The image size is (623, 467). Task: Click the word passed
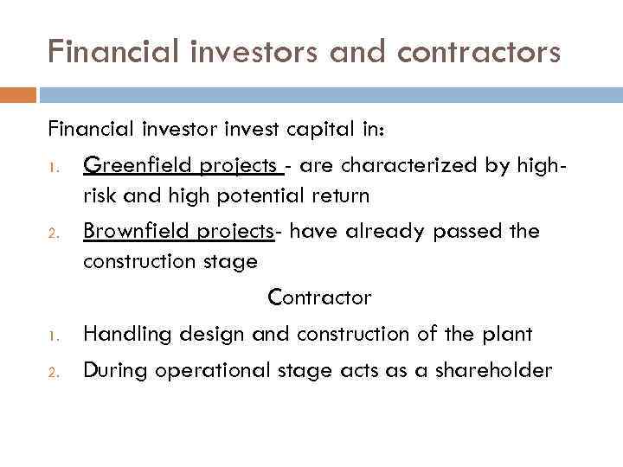tap(475, 232)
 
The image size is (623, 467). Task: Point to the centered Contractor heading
tap(319, 298)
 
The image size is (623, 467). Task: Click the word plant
tap(509, 334)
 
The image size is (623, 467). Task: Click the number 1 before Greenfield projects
tap(52, 164)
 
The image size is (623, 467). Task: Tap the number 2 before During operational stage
tap(52, 373)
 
